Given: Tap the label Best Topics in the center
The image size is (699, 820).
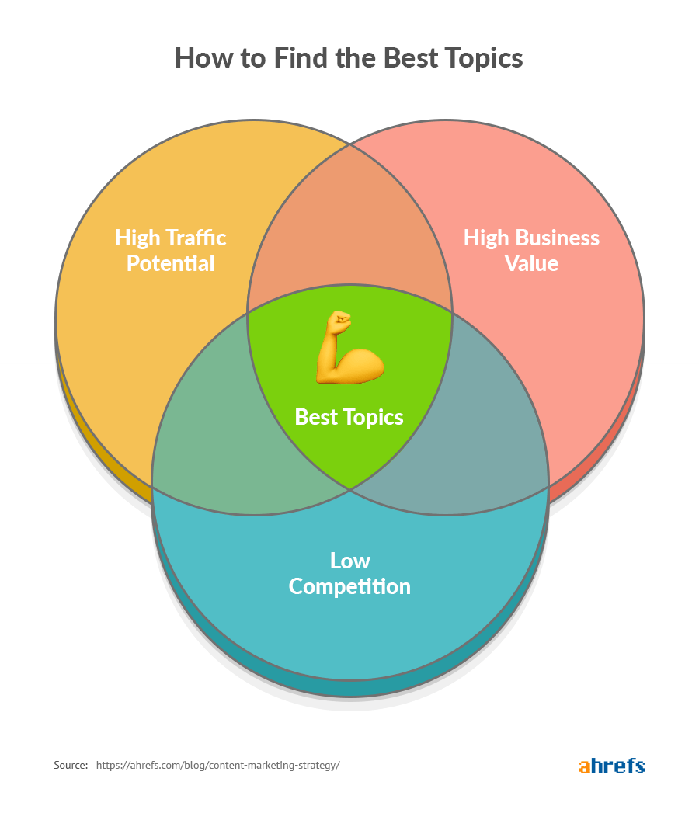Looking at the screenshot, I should (x=349, y=417).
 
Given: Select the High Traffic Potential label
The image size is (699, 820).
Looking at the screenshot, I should (x=171, y=250).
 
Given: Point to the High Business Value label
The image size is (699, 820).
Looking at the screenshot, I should (x=531, y=250).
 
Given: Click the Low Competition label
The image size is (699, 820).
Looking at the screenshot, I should (x=349, y=573).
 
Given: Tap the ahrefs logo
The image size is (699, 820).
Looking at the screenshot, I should (x=612, y=766).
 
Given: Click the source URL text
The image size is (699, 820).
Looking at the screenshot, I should (x=217, y=766).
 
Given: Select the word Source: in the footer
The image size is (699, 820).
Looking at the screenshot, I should (x=71, y=766).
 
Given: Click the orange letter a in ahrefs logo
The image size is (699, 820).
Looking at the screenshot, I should (x=585, y=766).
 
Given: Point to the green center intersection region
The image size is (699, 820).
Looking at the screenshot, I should (x=349, y=450).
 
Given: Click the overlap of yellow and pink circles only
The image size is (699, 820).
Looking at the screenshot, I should (x=349, y=233).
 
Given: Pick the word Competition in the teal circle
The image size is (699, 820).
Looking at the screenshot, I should (x=349, y=586).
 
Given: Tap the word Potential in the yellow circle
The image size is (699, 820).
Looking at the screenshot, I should (x=171, y=263).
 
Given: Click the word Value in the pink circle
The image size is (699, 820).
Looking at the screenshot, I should (x=531, y=263).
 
